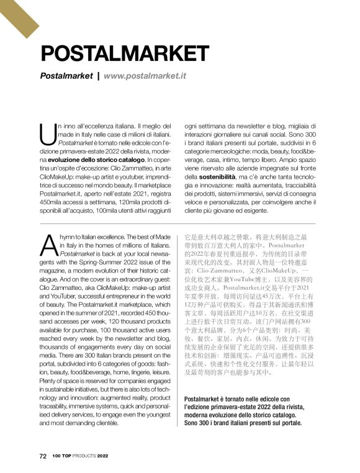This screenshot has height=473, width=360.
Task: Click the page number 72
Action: tap(43, 456)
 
